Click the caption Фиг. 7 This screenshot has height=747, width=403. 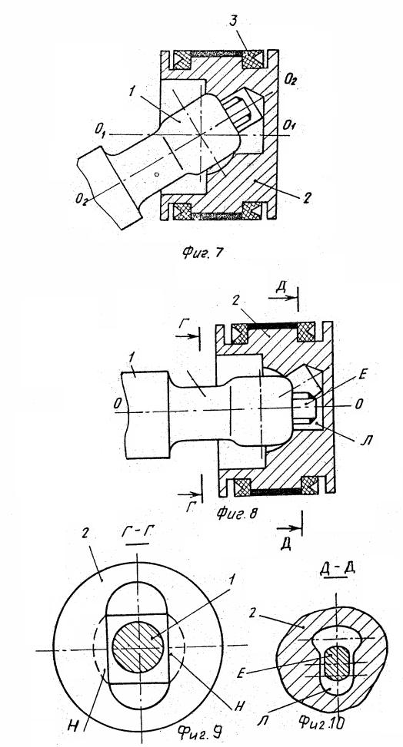pos(201,253)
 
